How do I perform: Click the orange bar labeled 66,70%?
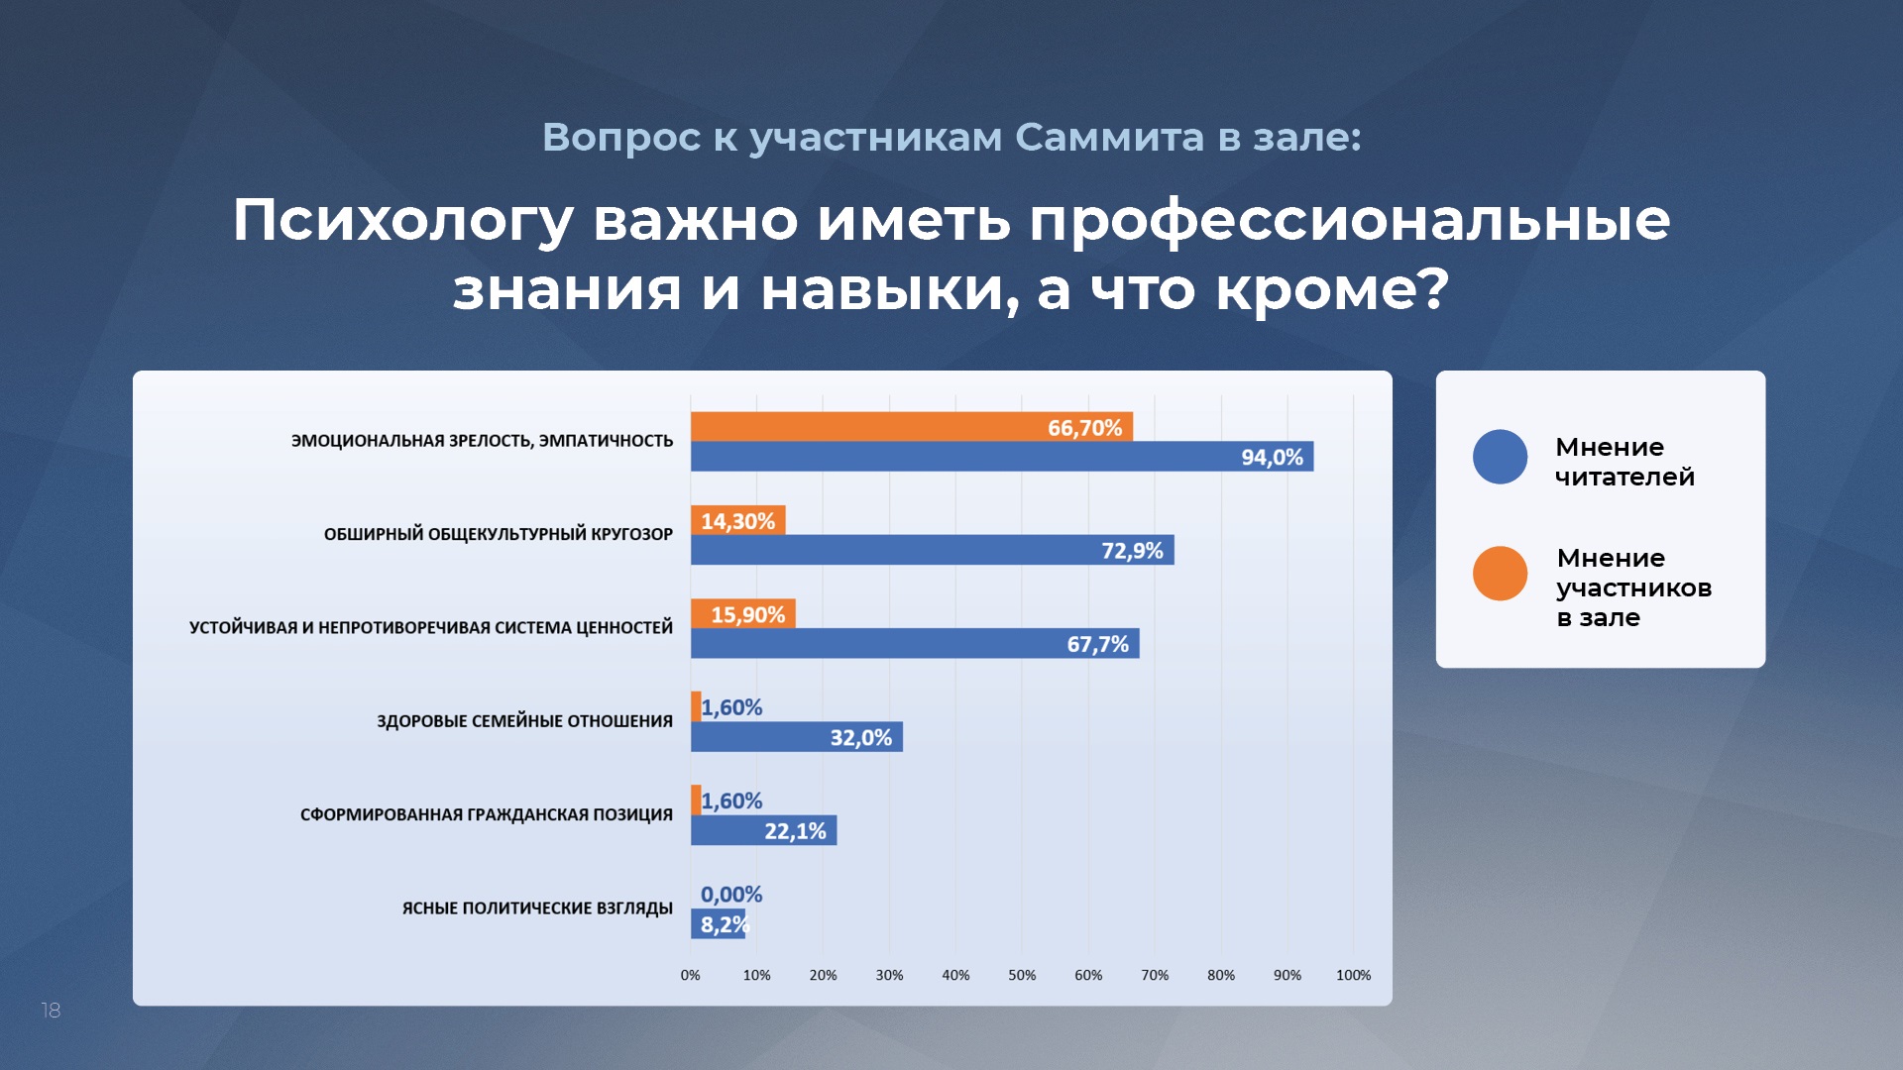point(912,427)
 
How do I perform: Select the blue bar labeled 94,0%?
point(1002,457)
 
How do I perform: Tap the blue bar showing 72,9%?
point(933,550)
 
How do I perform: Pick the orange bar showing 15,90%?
point(743,614)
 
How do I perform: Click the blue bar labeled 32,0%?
point(797,737)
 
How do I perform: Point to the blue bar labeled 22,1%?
point(764,830)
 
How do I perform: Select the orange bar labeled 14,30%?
point(738,520)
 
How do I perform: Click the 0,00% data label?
point(731,895)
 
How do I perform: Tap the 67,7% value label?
point(1098,644)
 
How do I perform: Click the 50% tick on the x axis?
point(1022,975)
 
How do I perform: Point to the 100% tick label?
point(1354,975)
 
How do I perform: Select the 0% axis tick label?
point(691,975)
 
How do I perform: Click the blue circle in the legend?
point(1501,457)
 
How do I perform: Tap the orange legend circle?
point(1501,574)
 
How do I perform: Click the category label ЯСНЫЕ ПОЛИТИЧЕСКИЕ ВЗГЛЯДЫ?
point(537,909)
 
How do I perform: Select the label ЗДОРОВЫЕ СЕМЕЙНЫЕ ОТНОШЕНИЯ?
point(524,721)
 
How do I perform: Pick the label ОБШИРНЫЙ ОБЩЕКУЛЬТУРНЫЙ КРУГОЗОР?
point(499,534)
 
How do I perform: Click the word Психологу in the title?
point(403,221)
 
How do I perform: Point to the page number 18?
point(51,1011)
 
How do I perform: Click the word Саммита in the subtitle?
point(1110,138)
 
